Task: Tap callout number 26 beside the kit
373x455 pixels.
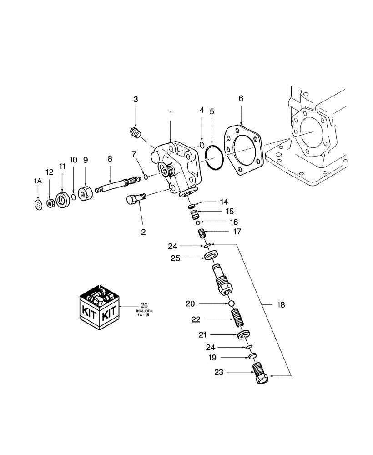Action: point(144,305)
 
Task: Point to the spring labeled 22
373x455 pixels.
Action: point(235,318)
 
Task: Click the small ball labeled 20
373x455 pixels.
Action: point(232,303)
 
